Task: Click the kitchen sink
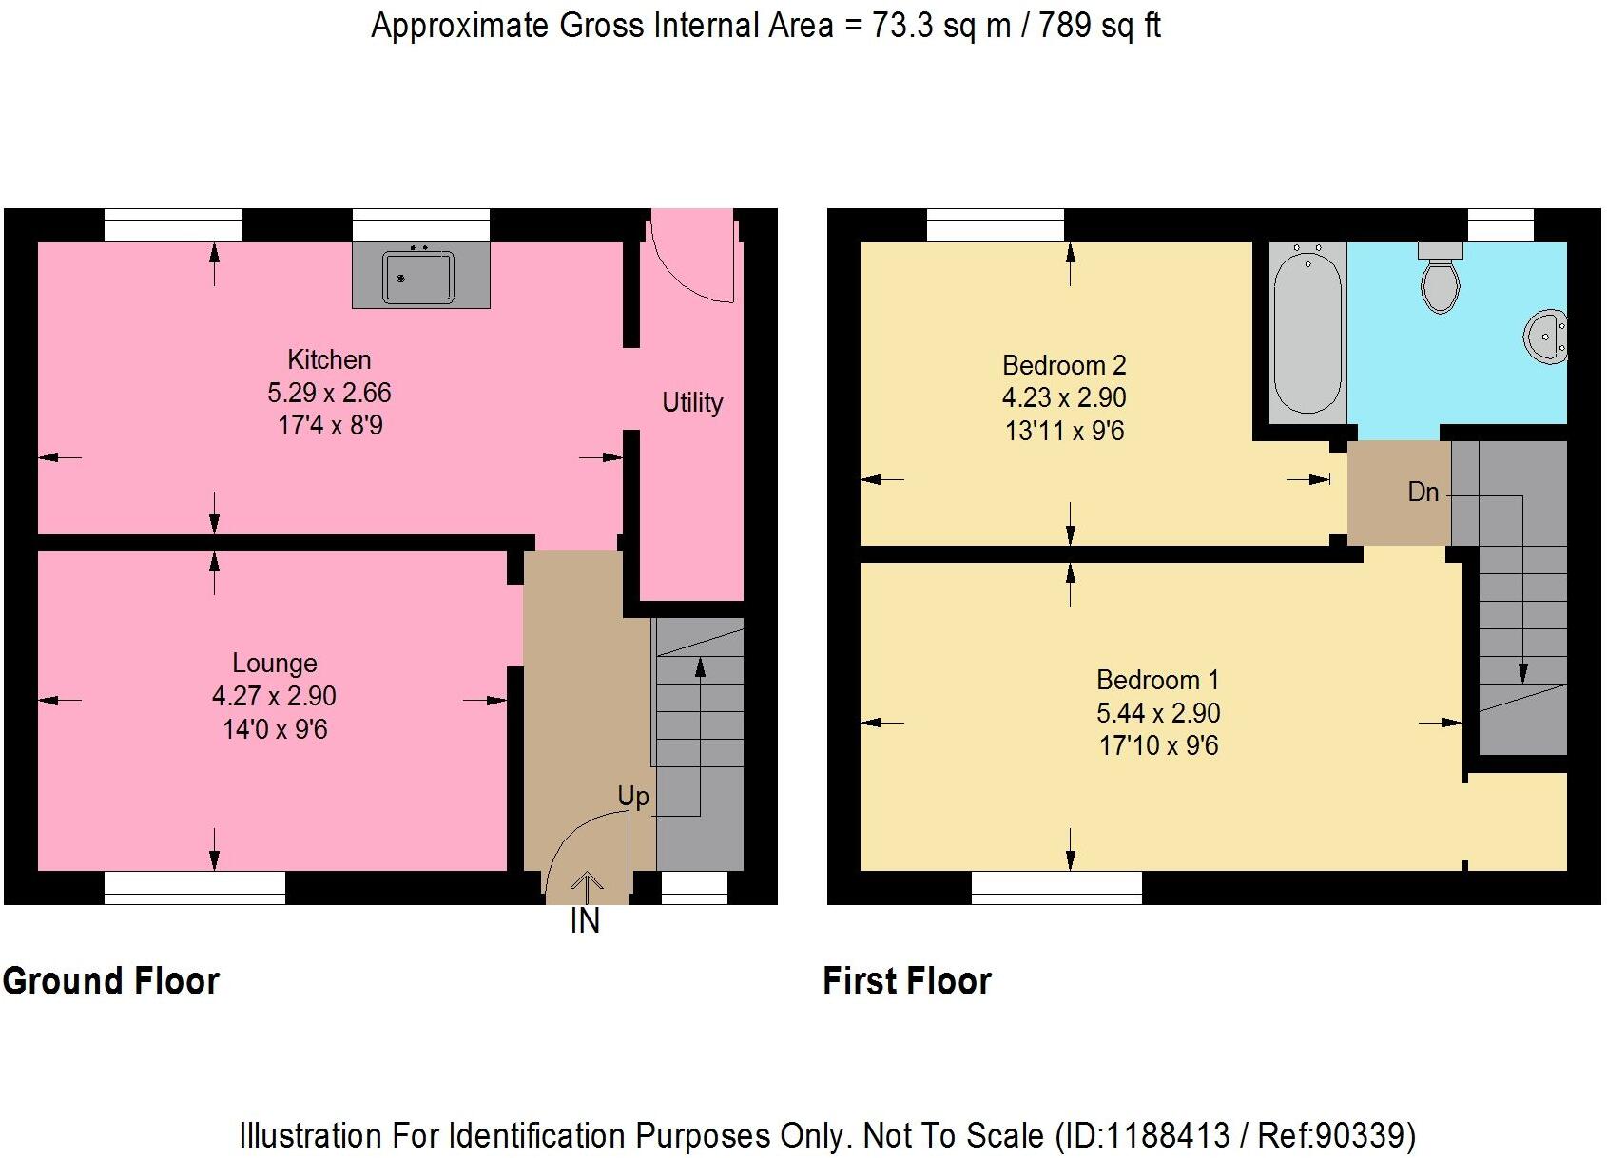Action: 418,277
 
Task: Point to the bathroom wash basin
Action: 1546,337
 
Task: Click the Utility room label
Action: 692,402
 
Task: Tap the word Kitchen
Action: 329,359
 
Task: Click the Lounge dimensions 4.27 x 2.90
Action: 274,696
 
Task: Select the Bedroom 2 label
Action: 1064,365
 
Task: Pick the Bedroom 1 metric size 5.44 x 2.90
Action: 1158,713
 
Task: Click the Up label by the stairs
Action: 633,796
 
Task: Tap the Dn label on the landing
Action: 1423,492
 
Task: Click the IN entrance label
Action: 585,920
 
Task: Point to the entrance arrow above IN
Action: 586,885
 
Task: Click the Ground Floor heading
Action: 111,981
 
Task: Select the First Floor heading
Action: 906,981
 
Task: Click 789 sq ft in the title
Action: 1099,26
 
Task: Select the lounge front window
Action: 194,887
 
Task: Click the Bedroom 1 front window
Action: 1055,887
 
